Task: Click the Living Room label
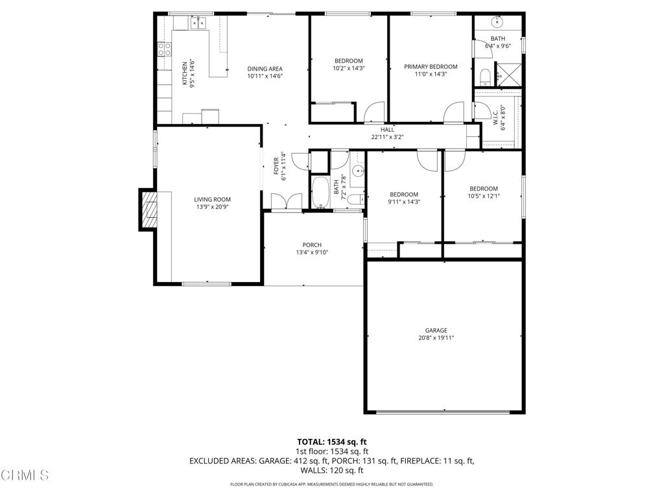tap(212, 200)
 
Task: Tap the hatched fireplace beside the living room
tap(149, 210)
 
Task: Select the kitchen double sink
tap(197, 23)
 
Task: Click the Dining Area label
tap(265, 69)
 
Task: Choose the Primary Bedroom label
tap(431, 67)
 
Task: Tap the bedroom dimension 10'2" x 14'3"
tap(348, 68)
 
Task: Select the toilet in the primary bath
tap(485, 78)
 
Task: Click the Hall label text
tap(387, 130)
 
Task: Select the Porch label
tap(312, 245)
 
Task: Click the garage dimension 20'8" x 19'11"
tap(436, 338)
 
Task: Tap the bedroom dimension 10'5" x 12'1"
tap(484, 196)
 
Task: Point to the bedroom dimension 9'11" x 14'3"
tap(403, 202)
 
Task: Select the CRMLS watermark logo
tap(25, 475)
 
